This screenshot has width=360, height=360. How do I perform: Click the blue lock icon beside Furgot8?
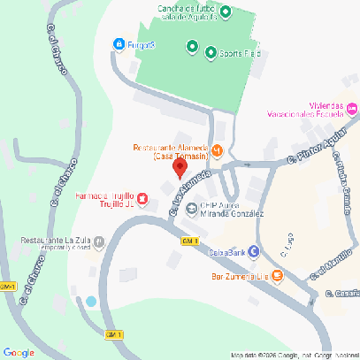119,44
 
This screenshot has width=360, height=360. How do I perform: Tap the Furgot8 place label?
141,44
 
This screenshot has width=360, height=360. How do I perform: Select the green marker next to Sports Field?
211,53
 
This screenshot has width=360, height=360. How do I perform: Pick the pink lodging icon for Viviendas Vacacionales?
352,109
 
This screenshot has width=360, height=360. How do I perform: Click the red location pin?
180,168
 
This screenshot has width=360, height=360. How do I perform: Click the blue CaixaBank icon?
255,252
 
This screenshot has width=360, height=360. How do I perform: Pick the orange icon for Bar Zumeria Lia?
277,277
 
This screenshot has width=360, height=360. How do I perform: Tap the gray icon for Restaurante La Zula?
99,240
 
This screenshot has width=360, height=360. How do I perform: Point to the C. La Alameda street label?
189,192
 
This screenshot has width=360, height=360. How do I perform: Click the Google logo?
19,352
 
